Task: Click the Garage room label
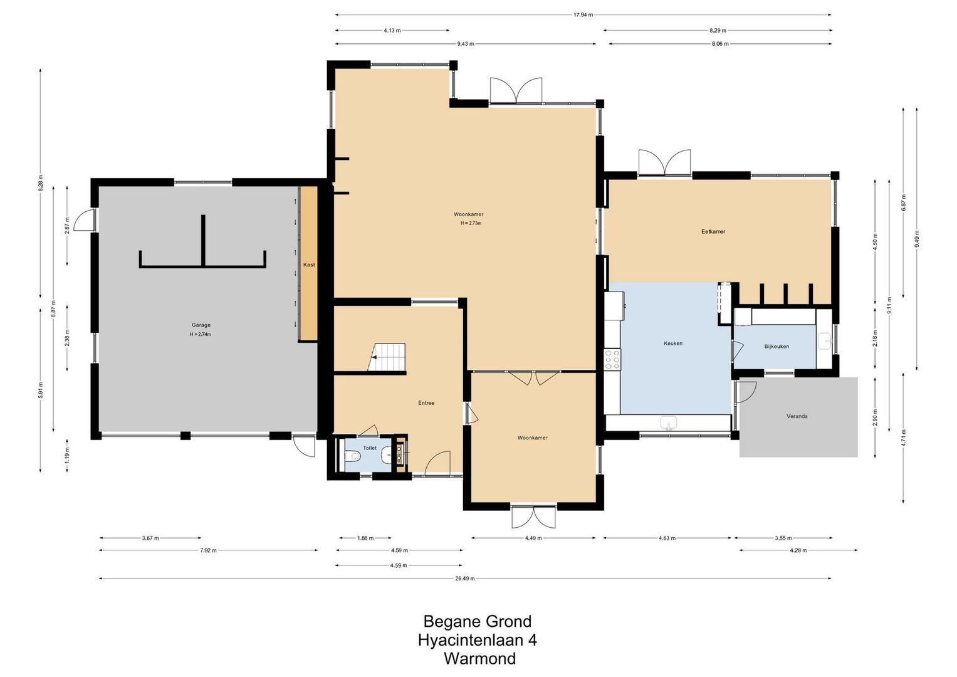201,325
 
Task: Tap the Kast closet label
309,265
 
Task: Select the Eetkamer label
713,232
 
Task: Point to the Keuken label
673,344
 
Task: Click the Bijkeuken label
777,347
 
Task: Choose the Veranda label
797,416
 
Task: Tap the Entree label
426,403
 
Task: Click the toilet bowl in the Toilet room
352,457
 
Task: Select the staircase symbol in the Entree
387,357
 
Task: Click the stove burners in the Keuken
612,359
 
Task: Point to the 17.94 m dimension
583,15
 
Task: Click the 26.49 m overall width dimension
464,579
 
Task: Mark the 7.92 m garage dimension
209,550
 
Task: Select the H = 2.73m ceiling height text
471,223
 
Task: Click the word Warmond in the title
480,659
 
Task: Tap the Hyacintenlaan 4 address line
477,640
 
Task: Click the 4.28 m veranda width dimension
798,550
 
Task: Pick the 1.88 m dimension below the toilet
365,538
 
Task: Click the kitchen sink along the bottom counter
669,422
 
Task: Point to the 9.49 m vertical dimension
917,238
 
